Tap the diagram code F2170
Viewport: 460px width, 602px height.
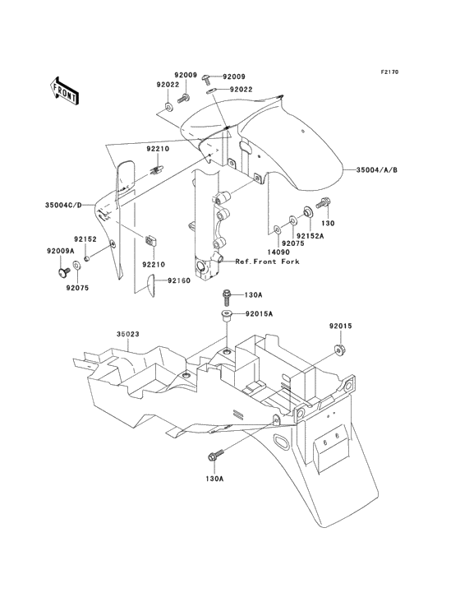tap(389, 72)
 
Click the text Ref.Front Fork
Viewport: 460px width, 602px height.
tap(267, 262)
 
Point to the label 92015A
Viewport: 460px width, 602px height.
tap(258, 314)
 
